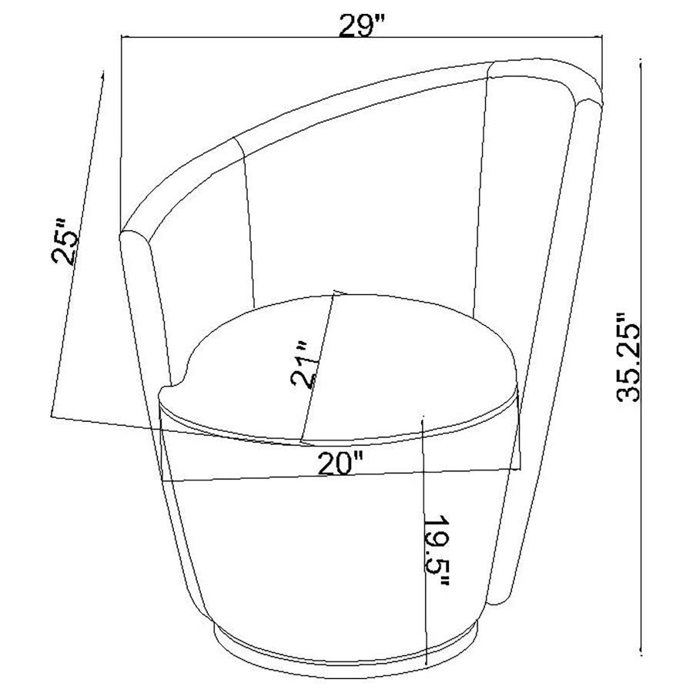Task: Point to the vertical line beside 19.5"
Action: click(x=424, y=539)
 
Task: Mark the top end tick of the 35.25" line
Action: click(x=641, y=61)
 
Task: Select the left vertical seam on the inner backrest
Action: click(x=248, y=223)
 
